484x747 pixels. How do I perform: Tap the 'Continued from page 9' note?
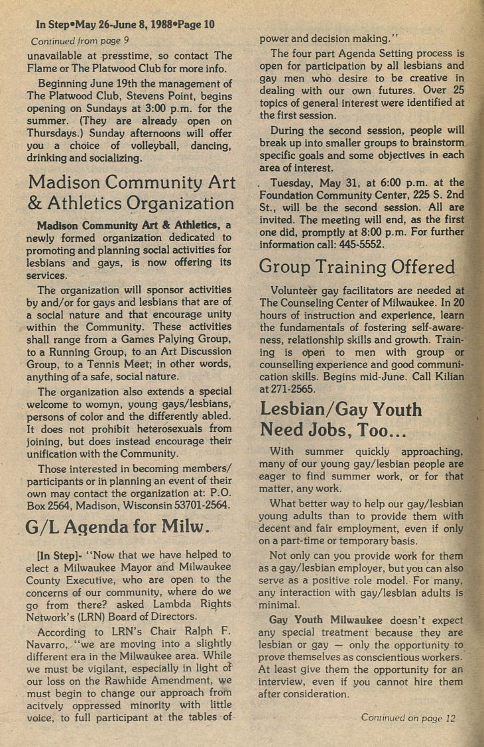[80, 40]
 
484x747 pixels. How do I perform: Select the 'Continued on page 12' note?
[409, 717]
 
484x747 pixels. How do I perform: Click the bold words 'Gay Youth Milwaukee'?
[326, 620]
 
